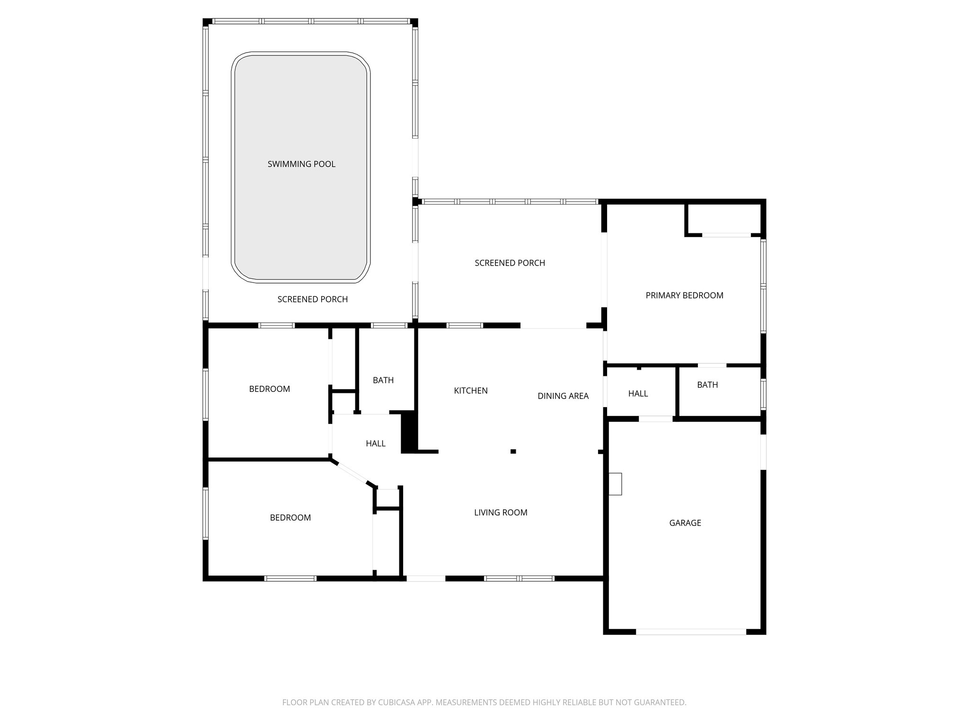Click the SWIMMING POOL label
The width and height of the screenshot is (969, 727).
[301, 164]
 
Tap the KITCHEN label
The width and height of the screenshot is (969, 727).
[470, 390]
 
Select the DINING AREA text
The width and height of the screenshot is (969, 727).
[563, 396]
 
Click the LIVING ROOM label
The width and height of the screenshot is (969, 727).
[501, 512]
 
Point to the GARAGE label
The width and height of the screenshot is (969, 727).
[685, 523]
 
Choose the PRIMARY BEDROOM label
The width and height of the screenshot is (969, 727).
[684, 295]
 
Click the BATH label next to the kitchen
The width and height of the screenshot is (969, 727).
[383, 380]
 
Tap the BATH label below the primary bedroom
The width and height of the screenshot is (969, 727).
[707, 385]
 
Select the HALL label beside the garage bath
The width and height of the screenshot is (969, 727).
[638, 393]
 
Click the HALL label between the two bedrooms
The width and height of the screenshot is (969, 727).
[375, 443]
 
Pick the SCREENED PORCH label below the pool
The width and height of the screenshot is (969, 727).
[312, 299]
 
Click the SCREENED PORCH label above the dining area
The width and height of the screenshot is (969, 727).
[510, 263]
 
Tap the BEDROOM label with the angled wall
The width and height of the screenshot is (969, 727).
[290, 517]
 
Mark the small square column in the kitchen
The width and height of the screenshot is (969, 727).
[513, 452]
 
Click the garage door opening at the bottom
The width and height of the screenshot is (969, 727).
[691, 631]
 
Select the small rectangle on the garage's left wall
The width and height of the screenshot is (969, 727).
[615, 484]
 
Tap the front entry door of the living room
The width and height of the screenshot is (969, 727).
[425, 578]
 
